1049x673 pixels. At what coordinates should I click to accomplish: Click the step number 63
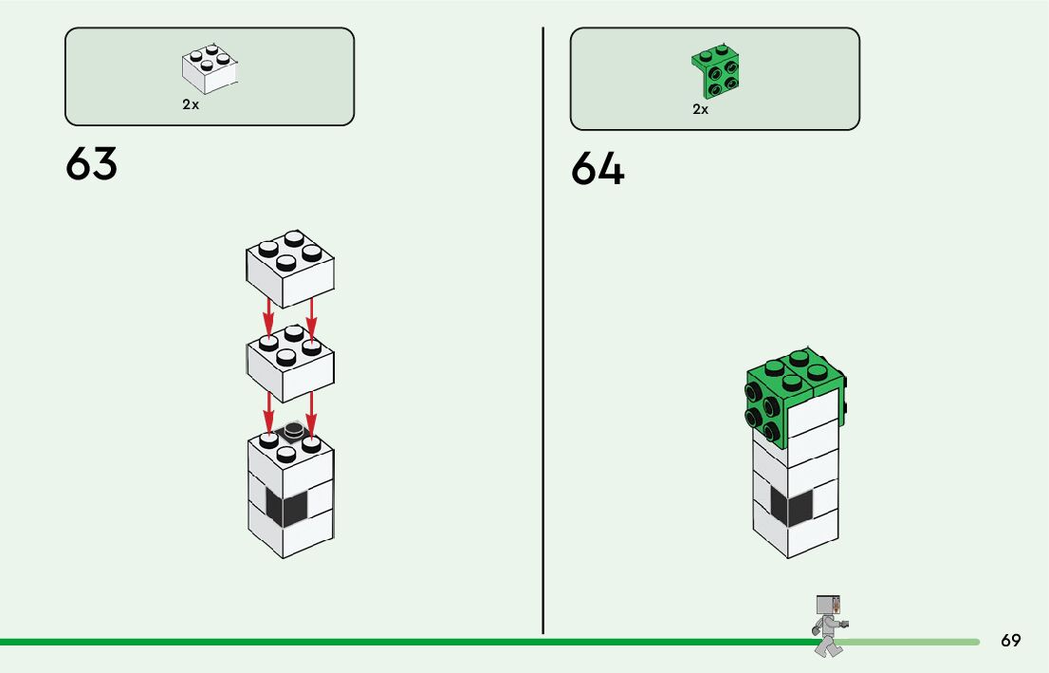(92, 164)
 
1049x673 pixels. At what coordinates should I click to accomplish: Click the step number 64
(598, 170)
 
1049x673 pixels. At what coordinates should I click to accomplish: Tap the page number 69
(1010, 641)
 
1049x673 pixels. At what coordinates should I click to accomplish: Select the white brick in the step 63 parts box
(209, 69)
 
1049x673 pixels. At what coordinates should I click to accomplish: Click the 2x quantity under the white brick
(191, 105)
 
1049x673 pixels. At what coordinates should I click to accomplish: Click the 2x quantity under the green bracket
(700, 109)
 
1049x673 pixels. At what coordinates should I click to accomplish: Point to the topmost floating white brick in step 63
(289, 265)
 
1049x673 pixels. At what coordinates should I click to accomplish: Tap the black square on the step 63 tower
(286, 509)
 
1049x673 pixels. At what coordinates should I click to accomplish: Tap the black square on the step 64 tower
(791, 507)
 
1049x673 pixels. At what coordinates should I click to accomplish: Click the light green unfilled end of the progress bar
(911, 642)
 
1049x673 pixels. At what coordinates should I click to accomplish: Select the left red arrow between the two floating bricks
(269, 317)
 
